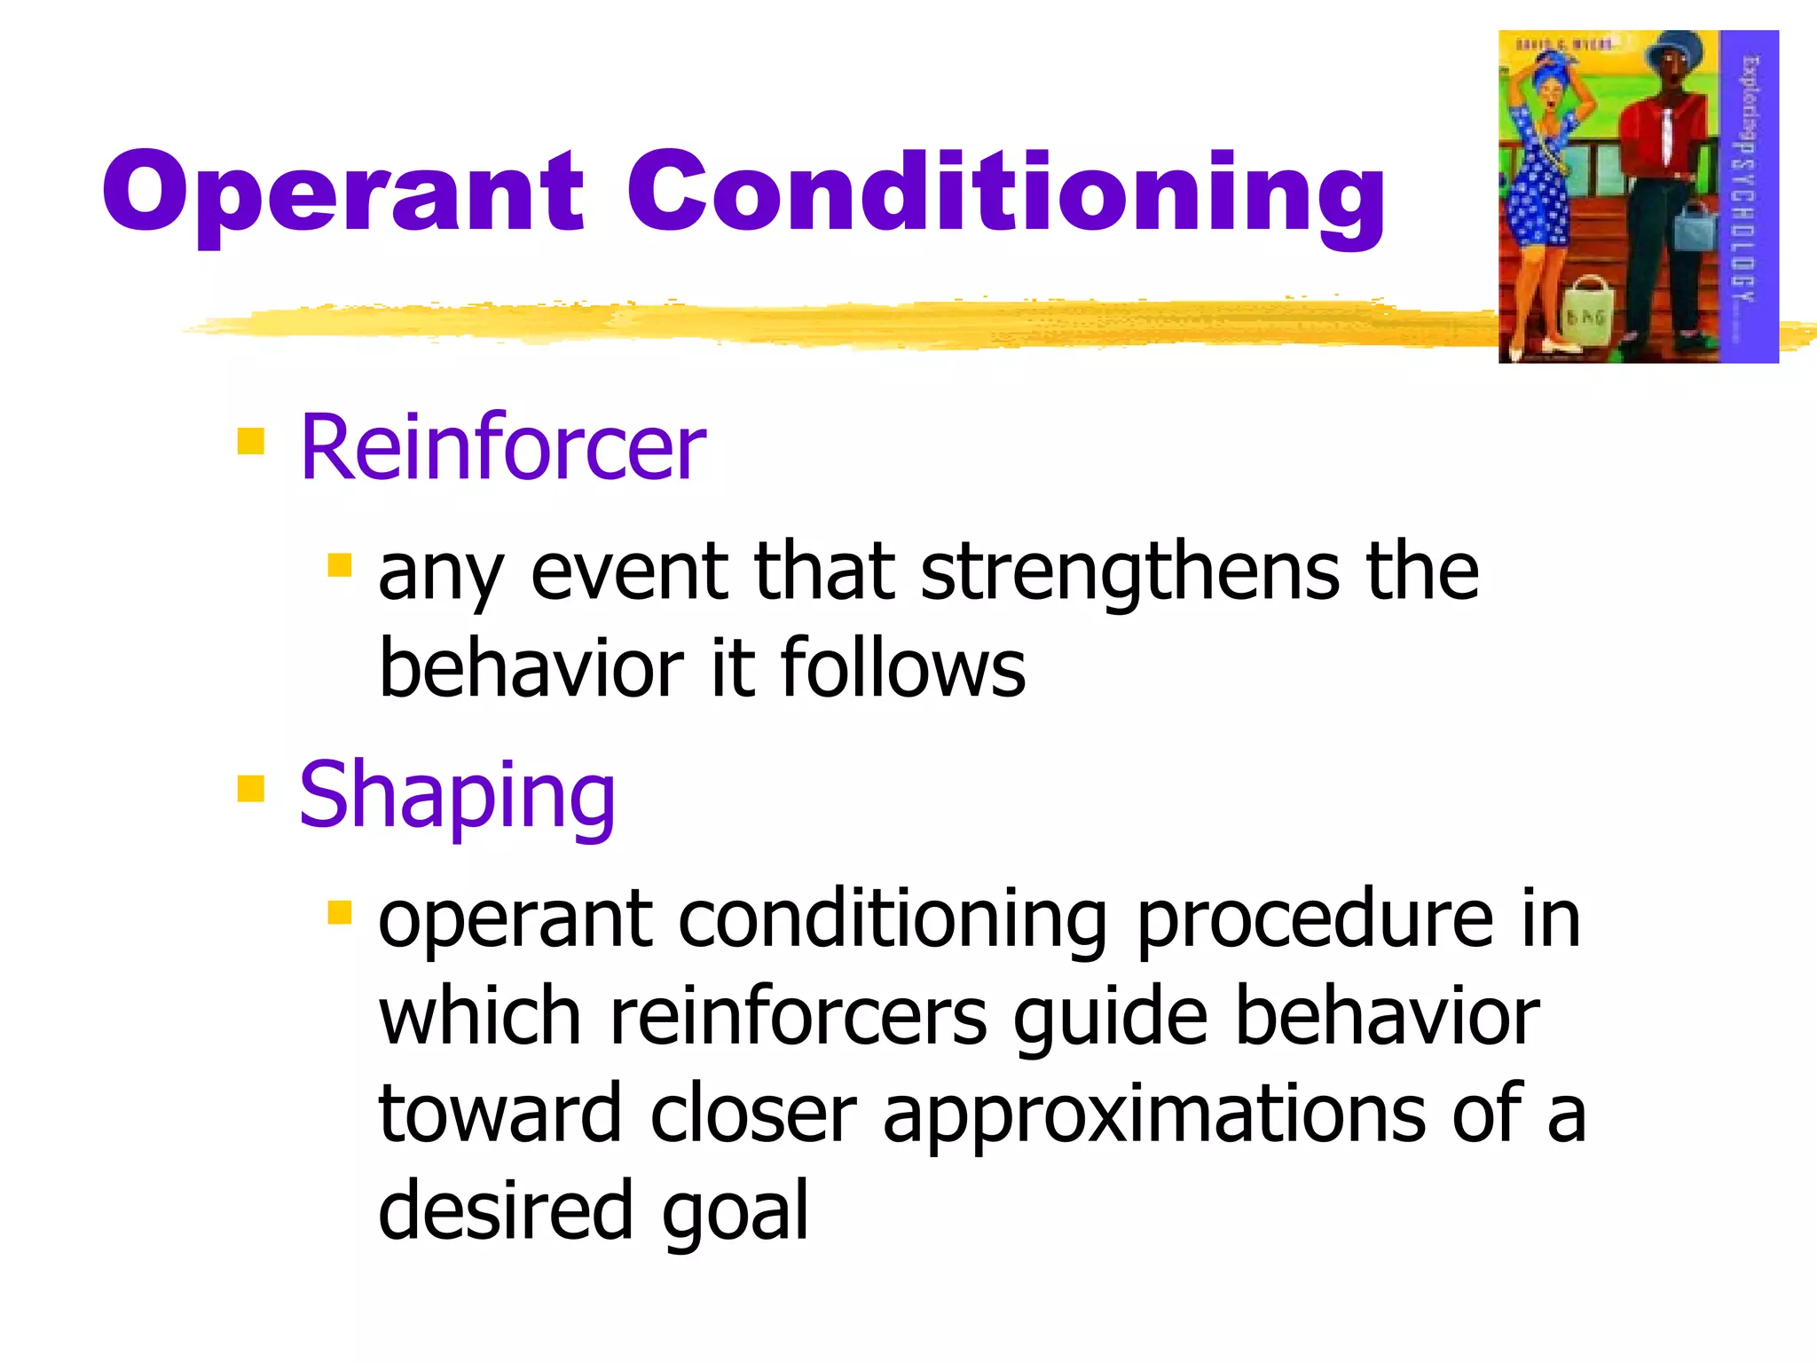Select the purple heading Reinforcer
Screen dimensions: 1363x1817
tap(502, 448)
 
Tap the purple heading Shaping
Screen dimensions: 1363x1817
tap(457, 796)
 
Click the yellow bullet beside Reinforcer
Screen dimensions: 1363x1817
tap(251, 441)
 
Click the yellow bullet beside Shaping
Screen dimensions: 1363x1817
tap(251, 788)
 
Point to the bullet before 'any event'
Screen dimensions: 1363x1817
tap(339, 565)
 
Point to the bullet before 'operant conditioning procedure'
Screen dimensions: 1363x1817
tap(339, 912)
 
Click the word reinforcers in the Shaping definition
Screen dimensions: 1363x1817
tap(798, 1017)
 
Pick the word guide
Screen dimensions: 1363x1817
tap(1110, 1019)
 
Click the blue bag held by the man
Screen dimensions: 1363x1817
tap(1695, 227)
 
